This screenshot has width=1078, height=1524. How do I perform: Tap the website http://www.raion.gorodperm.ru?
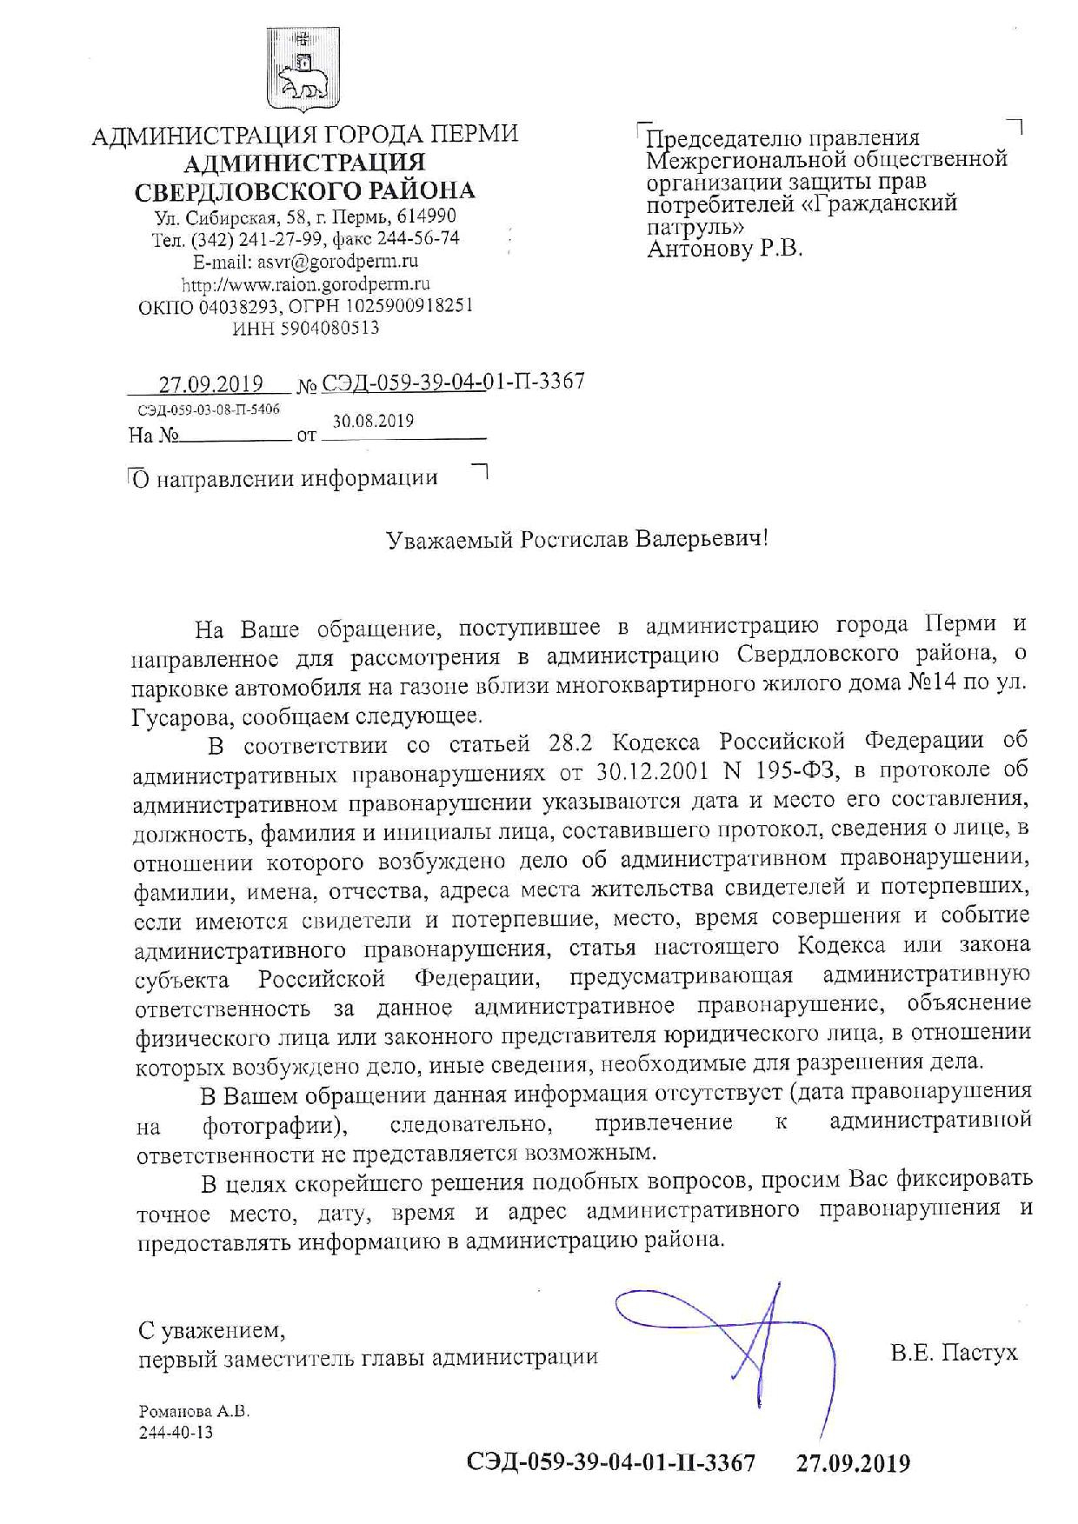point(306,283)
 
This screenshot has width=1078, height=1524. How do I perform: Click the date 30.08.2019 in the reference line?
point(373,422)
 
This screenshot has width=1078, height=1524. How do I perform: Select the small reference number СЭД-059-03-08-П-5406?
point(208,409)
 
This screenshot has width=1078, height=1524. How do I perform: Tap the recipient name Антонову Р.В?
point(725,249)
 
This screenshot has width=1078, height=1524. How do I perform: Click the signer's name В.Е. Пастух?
point(954,1353)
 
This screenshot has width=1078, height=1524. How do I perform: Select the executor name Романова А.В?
point(194,1413)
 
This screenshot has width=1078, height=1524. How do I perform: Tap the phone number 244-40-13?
point(176,1433)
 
